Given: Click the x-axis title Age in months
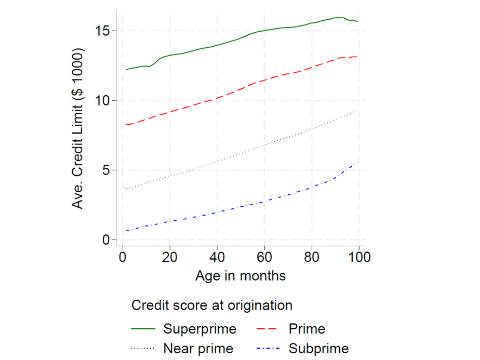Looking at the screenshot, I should tap(241, 275).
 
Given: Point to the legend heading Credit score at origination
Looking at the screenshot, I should tap(212, 305).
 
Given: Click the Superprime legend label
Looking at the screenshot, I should tap(199, 329).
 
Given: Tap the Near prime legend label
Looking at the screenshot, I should tap(198, 348).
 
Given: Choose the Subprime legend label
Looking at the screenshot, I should tap(318, 348).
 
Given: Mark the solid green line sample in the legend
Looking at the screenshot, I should tap(144, 329).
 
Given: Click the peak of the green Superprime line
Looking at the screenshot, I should tap(339, 17).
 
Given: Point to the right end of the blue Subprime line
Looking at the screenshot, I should tap(358, 163).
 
